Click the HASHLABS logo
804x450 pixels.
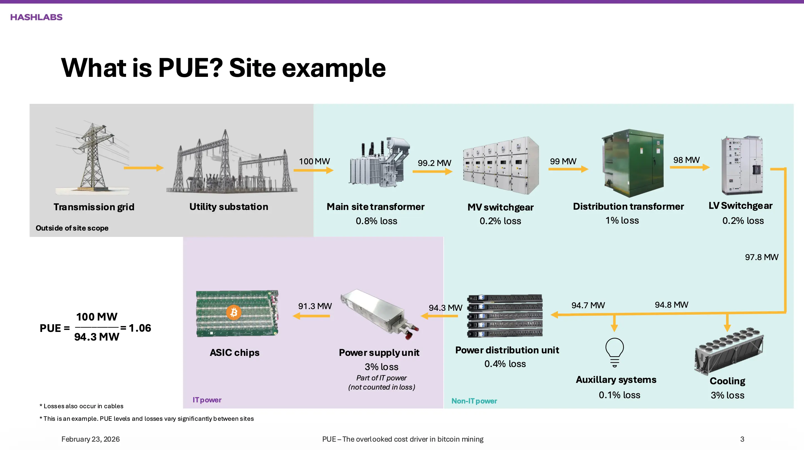(36, 17)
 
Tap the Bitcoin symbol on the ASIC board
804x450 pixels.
(234, 312)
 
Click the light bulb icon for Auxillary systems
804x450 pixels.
(614, 352)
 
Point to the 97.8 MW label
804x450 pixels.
(762, 257)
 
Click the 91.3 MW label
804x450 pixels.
(315, 306)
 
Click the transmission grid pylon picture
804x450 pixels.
(93, 158)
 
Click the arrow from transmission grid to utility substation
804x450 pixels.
(144, 168)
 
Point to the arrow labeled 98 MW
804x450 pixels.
(690, 167)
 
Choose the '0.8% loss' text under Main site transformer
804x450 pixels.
(376, 221)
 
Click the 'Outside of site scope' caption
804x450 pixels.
(72, 228)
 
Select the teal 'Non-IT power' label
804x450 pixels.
(474, 401)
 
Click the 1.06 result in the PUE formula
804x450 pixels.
(140, 328)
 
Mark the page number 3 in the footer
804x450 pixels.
(742, 439)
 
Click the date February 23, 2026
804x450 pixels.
(90, 439)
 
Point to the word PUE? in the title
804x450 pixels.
(190, 68)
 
